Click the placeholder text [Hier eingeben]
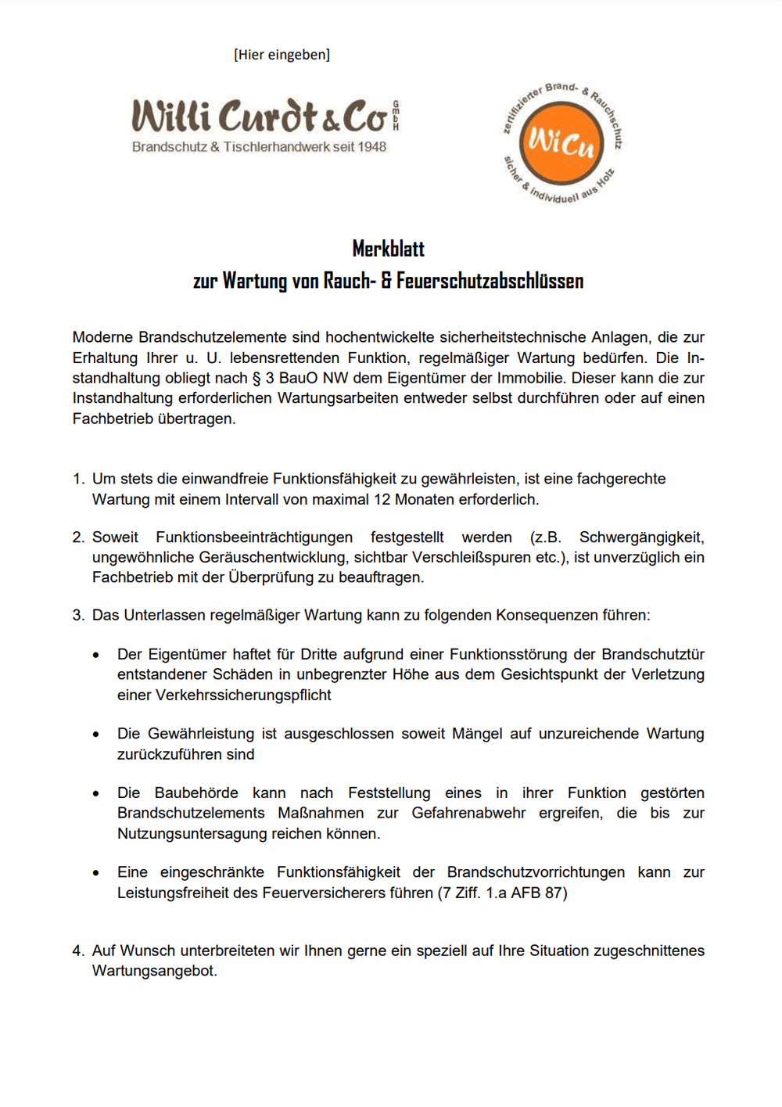tap(282, 55)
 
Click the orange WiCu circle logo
tap(561, 143)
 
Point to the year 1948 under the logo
tap(371, 147)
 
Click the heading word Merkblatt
tap(388, 249)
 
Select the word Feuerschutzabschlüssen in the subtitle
tap(490, 281)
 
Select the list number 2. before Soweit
tap(78, 537)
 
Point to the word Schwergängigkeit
tap(641, 537)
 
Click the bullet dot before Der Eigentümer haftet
tap(96, 656)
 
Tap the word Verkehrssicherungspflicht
tap(243, 695)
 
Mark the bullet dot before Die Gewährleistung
tap(96, 735)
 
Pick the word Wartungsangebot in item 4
tap(153, 972)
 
